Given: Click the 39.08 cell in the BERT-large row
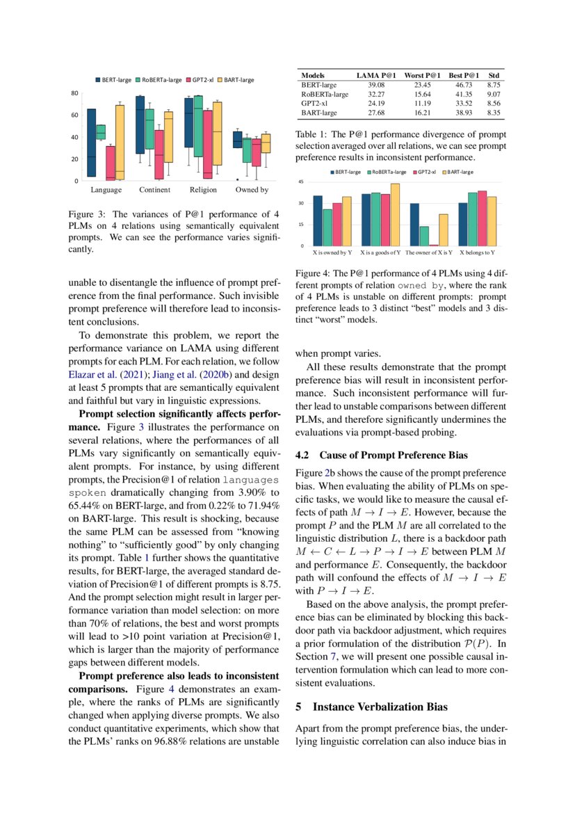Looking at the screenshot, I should coord(375,84).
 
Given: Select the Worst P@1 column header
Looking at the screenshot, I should coord(423,74).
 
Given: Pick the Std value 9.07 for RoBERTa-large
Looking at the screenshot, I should coord(494,93).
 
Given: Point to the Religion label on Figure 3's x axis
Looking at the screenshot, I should coord(203,189).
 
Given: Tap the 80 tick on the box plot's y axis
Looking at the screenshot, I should coord(74,92).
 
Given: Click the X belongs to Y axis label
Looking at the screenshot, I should coord(478,252).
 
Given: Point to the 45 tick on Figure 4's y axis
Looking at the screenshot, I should coord(302,182).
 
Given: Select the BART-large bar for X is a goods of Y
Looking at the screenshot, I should coord(396,214).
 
